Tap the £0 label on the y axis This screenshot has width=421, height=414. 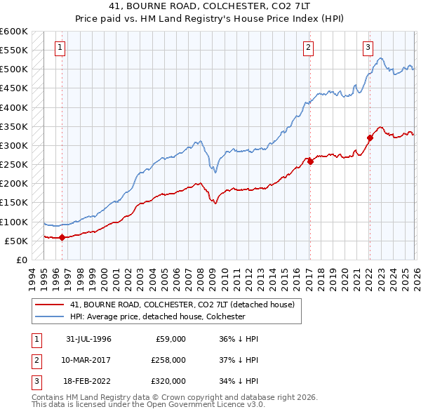coord(21,260)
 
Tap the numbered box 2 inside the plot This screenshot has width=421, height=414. coord(308,48)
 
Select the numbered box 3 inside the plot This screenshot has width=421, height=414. coord(368,48)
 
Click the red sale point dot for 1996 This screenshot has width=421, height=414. coord(62,237)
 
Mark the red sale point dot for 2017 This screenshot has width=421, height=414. coord(309,161)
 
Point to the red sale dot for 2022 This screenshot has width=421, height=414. coord(369,138)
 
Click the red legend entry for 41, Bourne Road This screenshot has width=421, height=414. coord(185,305)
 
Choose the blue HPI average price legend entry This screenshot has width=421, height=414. coord(157,317)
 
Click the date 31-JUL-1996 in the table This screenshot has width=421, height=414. coord(89,339)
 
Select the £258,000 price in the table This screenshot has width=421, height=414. coord(168,360)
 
